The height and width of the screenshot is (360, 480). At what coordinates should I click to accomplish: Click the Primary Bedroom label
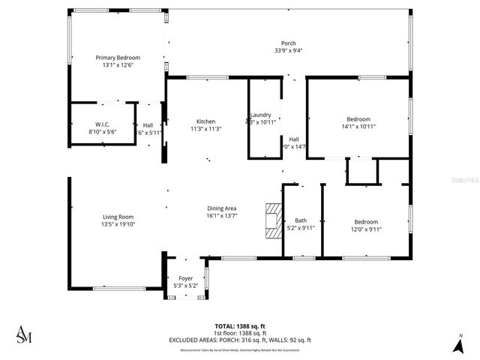[x=118, y=57]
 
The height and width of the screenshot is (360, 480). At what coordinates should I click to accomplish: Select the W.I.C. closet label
[x=103, y=124]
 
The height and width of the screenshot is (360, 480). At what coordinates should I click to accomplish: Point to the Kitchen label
[x=206, y=121]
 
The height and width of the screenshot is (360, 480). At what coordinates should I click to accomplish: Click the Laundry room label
[x=261, y=114]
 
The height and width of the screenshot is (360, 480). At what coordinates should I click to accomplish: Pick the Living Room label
[x=117, y=217]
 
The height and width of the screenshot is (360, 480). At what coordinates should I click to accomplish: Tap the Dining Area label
[x=222, y=208]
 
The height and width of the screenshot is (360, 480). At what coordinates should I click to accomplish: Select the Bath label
[x=301, y=220]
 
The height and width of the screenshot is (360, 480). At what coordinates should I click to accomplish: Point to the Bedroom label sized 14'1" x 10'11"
[x=358, y=119]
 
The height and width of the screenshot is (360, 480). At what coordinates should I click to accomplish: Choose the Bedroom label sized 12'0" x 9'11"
[x=366, y=221]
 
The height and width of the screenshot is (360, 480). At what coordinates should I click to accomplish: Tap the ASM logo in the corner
[x=25, y=335]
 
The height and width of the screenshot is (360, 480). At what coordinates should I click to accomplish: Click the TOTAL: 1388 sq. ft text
[x=240, y=326]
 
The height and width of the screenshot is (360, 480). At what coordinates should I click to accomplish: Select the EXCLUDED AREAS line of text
[x=240, y=340]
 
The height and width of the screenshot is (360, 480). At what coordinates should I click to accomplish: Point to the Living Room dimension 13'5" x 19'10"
[x=117, y=224]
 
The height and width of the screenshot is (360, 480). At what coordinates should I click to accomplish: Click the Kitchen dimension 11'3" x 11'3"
[x=206, y=129]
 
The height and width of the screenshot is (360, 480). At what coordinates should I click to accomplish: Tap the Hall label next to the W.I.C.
[x=148, y=124]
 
